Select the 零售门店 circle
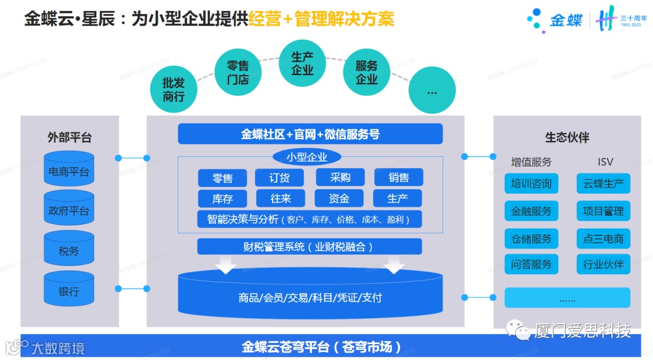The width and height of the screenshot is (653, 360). [x=238, y=72]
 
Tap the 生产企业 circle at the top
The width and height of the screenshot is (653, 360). [x=302, y=64]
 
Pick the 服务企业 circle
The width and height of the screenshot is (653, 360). [x=366, y=73]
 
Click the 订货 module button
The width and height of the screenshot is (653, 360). [x=280, y=177]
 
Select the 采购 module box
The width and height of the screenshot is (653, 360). [x=340, y=177]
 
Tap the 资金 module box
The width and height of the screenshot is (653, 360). [x=339, y=198]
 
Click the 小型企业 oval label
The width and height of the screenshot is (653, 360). [x=307, y=157]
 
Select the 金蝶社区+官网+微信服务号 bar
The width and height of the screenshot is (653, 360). [x=310, y=134]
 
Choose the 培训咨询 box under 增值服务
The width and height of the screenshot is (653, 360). [x=531, y=184]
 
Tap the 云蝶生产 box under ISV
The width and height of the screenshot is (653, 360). [x=603, y=184]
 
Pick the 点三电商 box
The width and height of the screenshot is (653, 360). [x=603, y=238]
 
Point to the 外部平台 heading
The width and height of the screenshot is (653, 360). [x=70, y=137]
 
